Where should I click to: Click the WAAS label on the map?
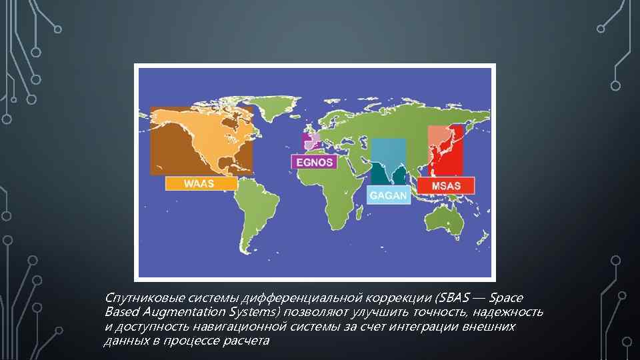point(201,183)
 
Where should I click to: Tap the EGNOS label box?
point(313,162)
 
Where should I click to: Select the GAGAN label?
point(389,195)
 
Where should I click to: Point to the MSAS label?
point(445,185)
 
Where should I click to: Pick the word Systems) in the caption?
point(257,312)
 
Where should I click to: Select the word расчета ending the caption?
point(247,341)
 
